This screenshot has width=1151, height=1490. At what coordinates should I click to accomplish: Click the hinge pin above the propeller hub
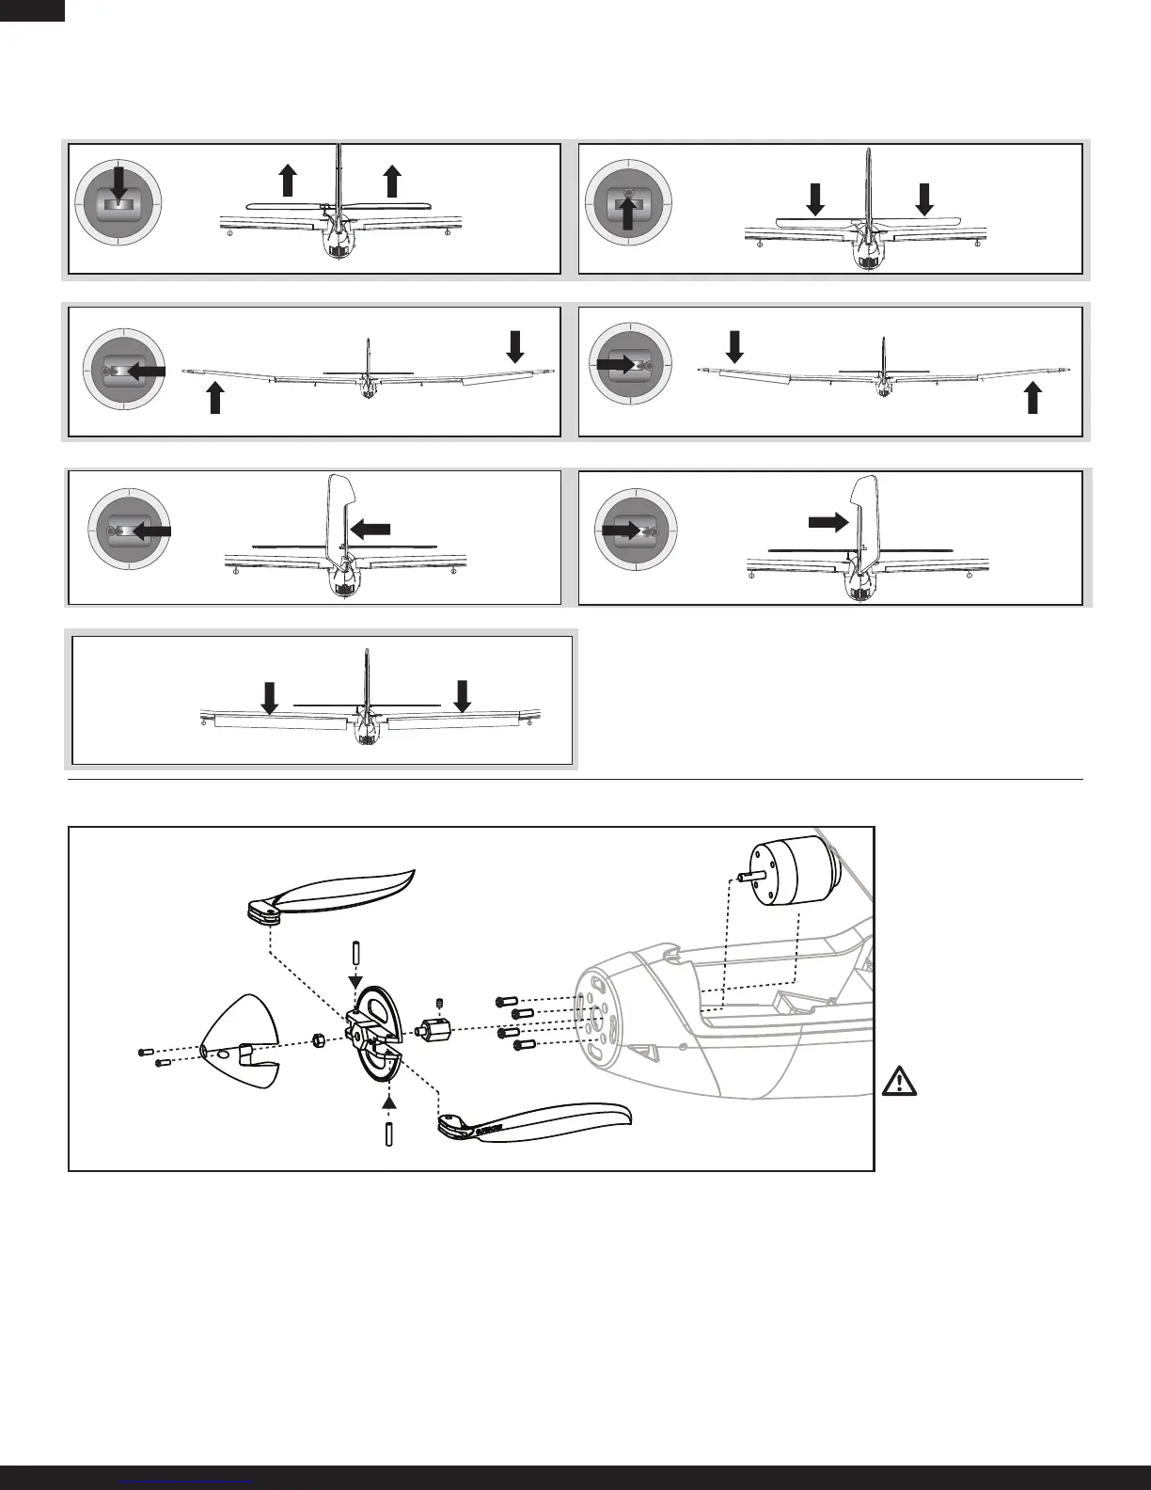tap(357, 952)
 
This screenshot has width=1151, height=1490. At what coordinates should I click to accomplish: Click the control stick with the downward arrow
tap(118, 201)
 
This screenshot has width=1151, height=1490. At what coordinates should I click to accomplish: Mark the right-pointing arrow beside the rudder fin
tap(827, 523)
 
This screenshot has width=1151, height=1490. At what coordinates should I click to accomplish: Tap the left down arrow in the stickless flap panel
tap(270, 698)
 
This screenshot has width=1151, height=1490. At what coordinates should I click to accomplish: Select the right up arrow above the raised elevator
tap(393, 180)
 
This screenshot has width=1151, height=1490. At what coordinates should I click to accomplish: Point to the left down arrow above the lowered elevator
tap(815, 198)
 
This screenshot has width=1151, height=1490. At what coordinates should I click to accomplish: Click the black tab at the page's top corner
tap(32, 9)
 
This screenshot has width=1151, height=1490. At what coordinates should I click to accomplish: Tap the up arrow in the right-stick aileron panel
tap(1033, 398)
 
